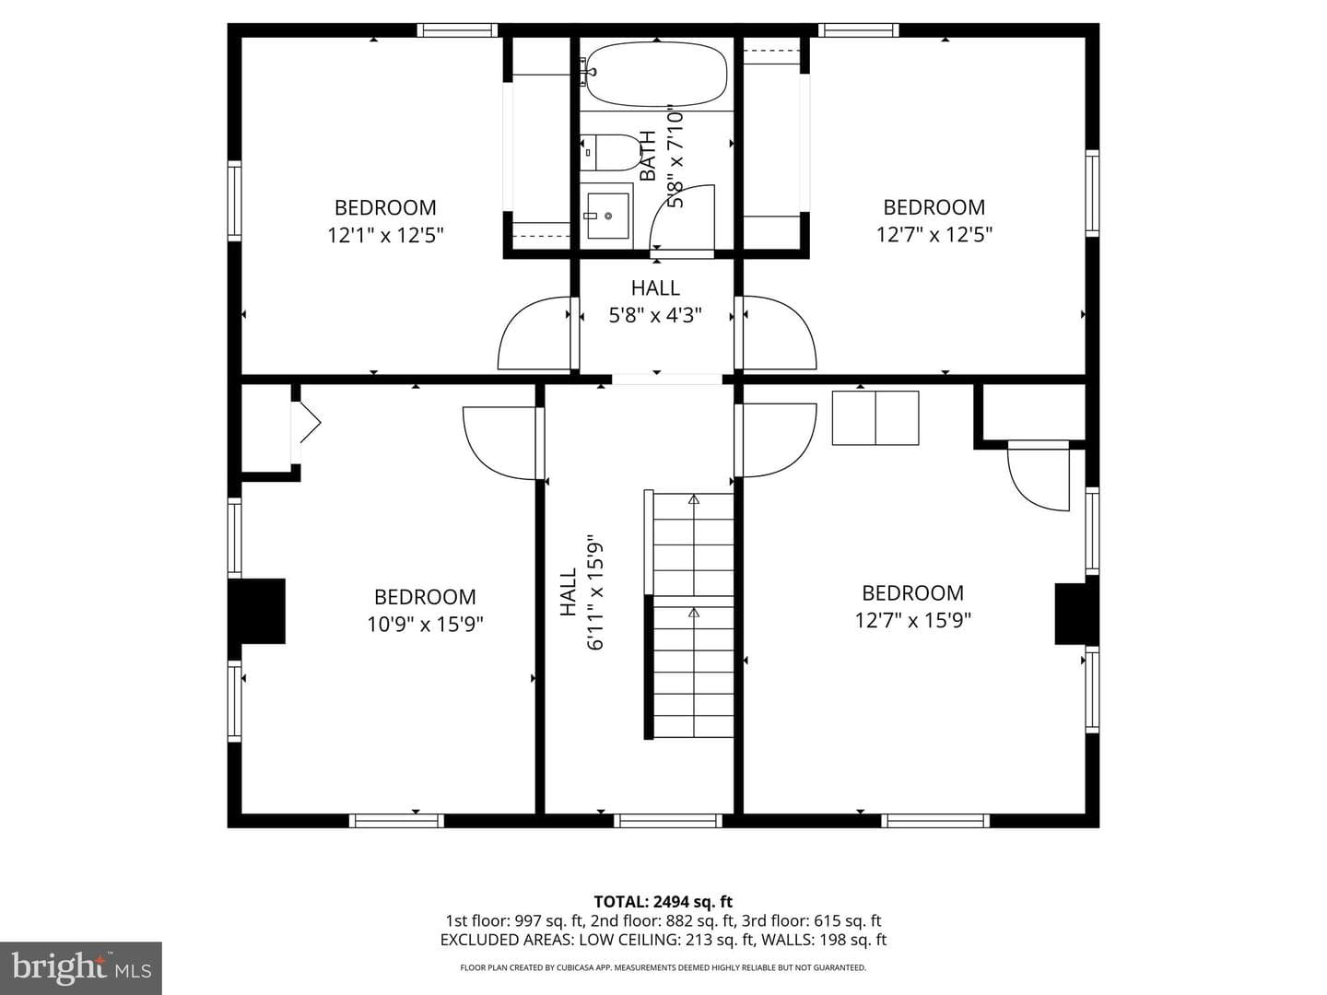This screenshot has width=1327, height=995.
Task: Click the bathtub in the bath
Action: pyautogui.click(x=656, y=74)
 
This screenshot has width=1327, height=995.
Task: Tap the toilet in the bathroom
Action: pyautogui.click(x=610, y=153)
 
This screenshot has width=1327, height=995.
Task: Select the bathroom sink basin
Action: pyautogui.click(x=608, y=215)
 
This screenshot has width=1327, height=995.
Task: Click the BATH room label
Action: pyautogui.click(x=648, y=156)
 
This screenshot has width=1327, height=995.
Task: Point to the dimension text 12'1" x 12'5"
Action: pyautogui.click(x=386, y=234)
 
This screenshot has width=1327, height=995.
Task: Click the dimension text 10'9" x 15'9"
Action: pyautogui.click(x=425, y=624)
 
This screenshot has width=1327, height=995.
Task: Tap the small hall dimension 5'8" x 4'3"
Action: pyautogui.click(x=655, y=315)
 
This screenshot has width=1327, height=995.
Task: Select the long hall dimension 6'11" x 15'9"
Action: pyautogui.click(x=595, y=591)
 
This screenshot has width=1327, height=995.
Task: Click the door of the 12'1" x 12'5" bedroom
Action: pyautogui.click(x=536, y=333)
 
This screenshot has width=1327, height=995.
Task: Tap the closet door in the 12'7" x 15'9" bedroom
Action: pyautogui.click(x=1038, y=476)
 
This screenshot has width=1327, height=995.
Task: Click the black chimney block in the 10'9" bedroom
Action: pyautogui.click(x=256, y=611)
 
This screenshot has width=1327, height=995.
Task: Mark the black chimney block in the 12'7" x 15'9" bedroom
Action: pyautogui.click(x=1076, y=614)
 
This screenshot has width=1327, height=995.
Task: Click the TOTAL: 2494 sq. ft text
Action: pyautogui.click(x=663, y=902)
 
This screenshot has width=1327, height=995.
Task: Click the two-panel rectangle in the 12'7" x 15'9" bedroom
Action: pyautogui.click(x=875, y=418)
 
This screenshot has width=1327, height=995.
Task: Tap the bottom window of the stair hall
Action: pyautogui.click(x=668, y=820)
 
